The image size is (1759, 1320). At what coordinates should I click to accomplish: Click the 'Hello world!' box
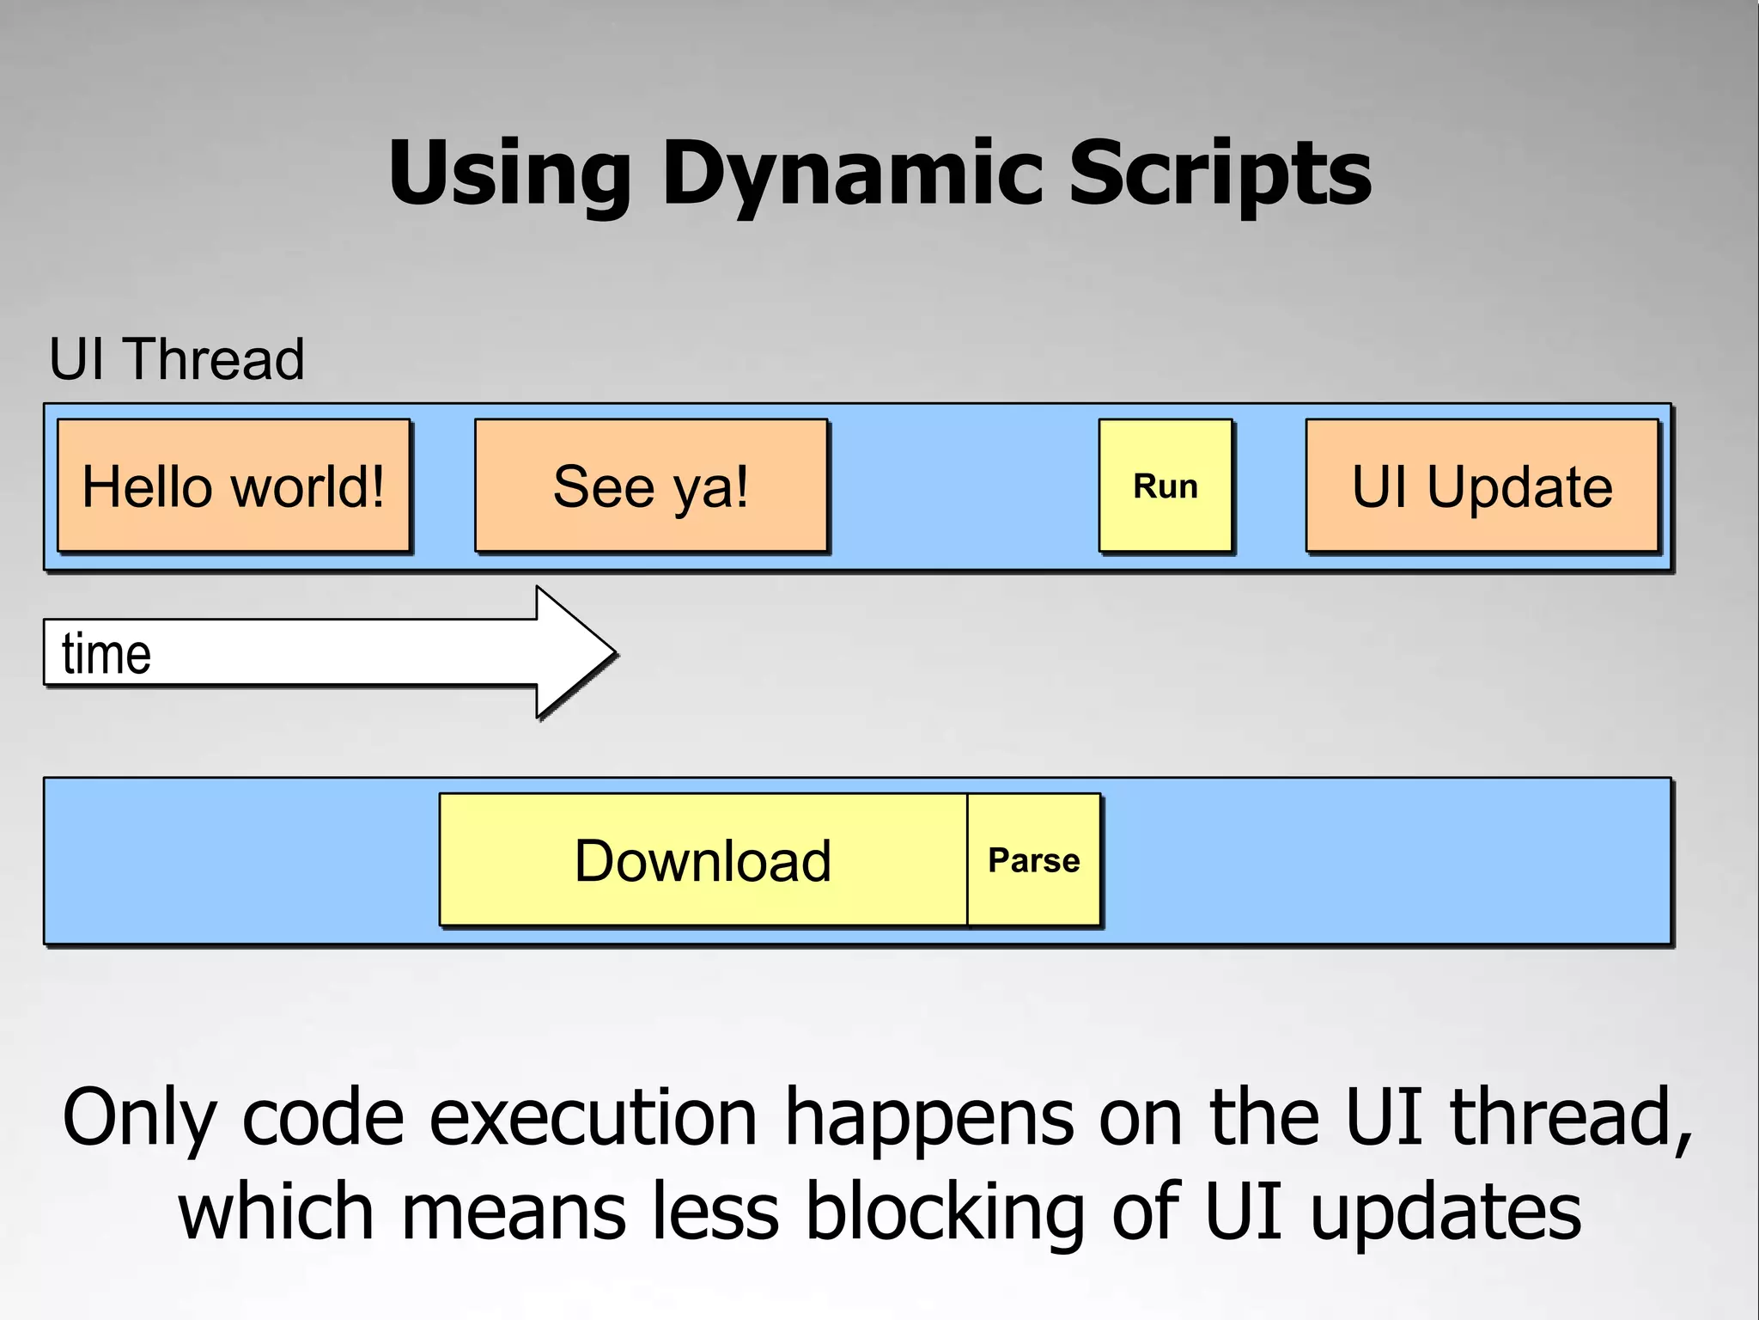[x=233, y=486]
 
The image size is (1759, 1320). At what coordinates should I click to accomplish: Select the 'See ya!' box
[x=650, y=486]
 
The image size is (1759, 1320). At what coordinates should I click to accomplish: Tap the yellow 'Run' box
[x=1165, y=486]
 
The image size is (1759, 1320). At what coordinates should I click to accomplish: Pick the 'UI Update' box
[x=1482, y=486]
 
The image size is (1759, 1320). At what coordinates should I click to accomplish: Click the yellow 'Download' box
[x=703, y=859]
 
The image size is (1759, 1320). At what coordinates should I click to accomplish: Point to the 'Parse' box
[x=1033, y=859]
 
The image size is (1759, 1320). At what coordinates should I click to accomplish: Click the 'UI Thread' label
[x=176, y=358]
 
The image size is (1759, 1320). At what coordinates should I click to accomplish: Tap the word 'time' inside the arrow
[x=107, y=654]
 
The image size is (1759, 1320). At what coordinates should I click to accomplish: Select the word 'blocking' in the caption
[x=945, y=1212]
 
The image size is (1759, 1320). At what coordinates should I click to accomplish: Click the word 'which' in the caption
[x=275, y=1212]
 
